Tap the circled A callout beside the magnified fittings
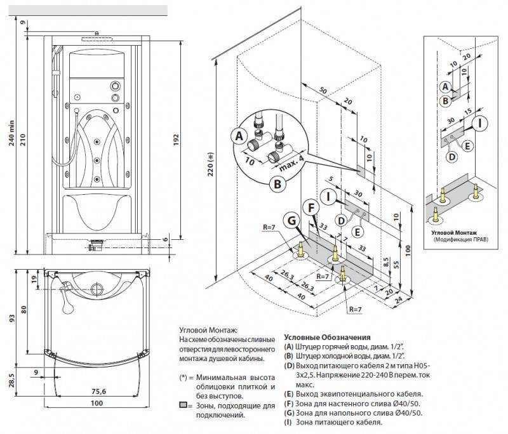239,135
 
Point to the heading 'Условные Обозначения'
326,338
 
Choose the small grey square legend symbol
183,404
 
